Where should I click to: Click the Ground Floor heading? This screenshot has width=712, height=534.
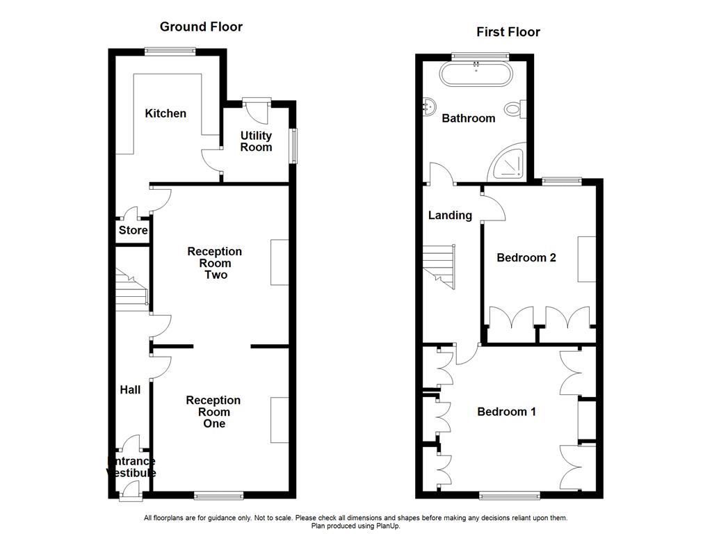[201, 27]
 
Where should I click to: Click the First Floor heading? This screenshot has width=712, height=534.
[508, 32]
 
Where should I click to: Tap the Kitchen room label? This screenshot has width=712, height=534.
[165, 113]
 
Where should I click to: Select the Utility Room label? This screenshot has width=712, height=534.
[256, 141]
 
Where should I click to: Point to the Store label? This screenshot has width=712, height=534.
[133, 230]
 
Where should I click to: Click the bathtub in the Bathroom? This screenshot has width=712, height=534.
[476, 73]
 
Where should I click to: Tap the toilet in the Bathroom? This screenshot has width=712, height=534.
[515, 109]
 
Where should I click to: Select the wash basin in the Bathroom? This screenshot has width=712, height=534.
[429, 106]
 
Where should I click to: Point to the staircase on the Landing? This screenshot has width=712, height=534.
[439, 266]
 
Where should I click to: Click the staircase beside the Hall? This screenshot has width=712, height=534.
[131, 290]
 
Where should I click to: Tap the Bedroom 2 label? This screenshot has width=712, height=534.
[526, 257]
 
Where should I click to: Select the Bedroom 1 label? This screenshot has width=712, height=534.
[506, 412]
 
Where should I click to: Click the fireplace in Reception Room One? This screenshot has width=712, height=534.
[280, 420]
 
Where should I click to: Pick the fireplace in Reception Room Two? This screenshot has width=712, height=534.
[280, 262]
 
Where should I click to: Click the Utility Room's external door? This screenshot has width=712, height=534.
[257, 109]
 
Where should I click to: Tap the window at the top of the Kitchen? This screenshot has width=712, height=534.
[170, 51]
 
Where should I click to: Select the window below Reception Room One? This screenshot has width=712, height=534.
[218, 496]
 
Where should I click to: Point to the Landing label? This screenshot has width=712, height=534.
[450, 216]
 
